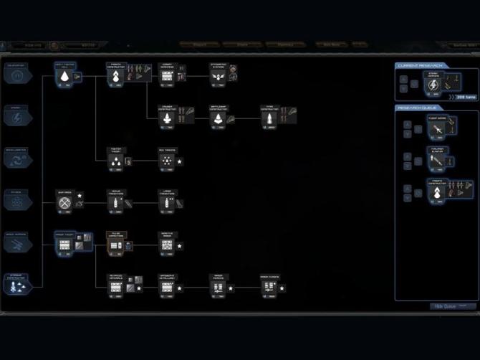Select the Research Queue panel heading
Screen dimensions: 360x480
click(x=419, y=108)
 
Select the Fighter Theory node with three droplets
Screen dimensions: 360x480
click(x=115, y=161)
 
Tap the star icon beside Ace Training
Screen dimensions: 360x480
click(x=180, y=162)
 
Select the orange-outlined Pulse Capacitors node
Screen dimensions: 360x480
click(x=116, y=245)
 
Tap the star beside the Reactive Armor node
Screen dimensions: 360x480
click(x=180, y=246)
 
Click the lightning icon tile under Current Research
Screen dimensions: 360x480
click(x=433, y=85)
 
